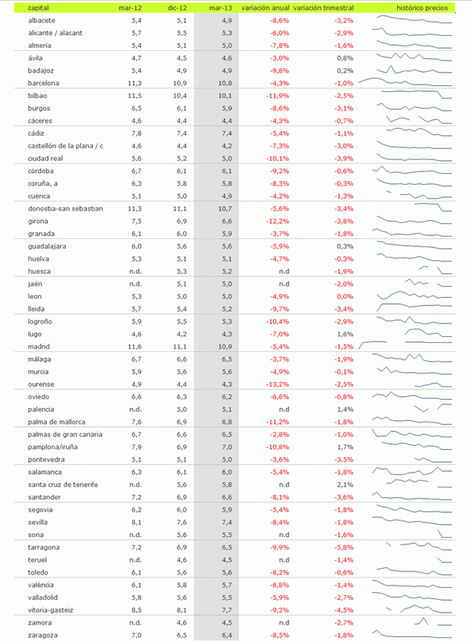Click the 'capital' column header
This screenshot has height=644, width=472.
(38, 7)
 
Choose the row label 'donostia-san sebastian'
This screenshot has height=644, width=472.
(64, 209)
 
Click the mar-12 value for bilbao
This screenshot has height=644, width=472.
(134, 96)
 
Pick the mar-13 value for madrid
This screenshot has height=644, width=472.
(223, 347)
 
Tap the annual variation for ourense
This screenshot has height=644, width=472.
(277, 384)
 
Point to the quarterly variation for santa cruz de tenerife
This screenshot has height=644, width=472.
(345, 484)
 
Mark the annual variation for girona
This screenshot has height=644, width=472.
(277, 221)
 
